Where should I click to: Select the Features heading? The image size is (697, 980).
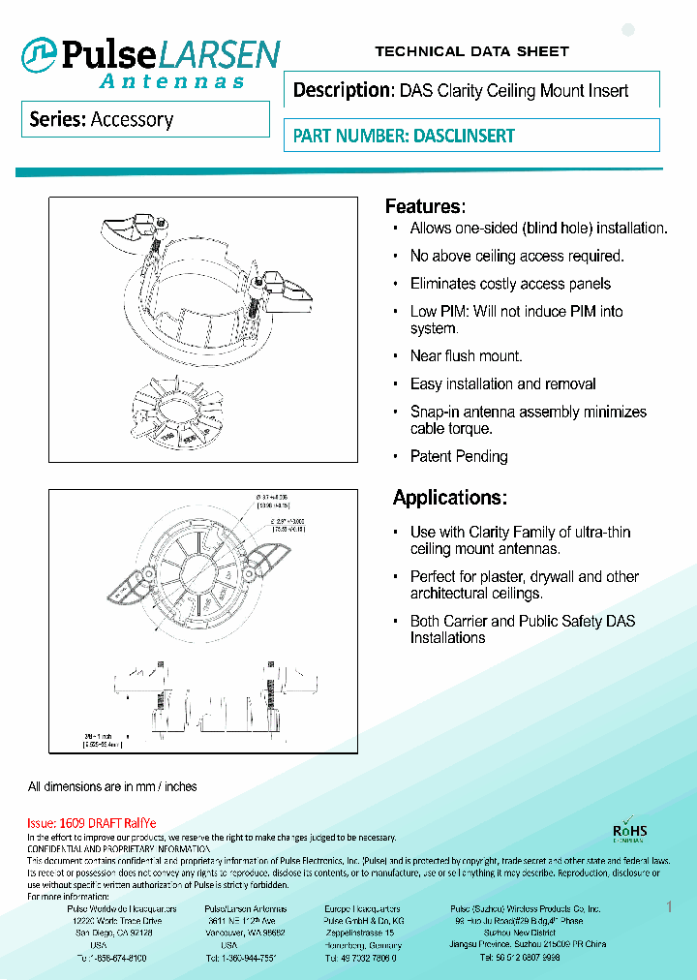click(425, 206)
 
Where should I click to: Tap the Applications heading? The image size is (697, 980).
click(449, 498)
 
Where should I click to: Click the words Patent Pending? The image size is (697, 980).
click(459, 456)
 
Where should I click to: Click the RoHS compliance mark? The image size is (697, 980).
click(630, 832)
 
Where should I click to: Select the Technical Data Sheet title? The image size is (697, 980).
click(471, 51)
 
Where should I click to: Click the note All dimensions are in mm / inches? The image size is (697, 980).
click(112, 786)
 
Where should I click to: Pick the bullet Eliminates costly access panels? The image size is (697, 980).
click(510, 284)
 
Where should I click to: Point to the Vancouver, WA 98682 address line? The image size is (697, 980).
click(245, 933)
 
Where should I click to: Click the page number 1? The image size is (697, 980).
click(669, 906)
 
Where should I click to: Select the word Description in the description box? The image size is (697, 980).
click(341, 91)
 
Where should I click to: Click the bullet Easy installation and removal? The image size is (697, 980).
click(502, 384)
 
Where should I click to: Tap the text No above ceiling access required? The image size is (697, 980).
click(517, 256)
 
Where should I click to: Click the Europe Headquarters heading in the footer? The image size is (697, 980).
click(362, 909)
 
